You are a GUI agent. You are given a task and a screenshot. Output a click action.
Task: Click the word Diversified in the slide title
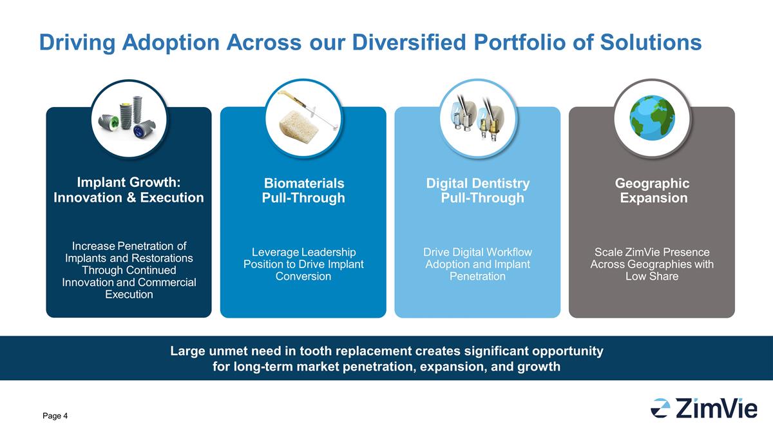[x=409, y=43]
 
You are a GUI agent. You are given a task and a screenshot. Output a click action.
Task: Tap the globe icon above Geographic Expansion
[x=652, y=118]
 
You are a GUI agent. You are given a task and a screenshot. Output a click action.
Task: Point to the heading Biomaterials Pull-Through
[x=303, y=191]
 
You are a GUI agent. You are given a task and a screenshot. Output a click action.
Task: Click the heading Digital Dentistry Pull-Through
[x=478, y=191]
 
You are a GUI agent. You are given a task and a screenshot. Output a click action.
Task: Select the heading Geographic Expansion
[x=652, y=191]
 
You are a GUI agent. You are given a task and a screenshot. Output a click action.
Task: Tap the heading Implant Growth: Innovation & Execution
[x=129, y=190]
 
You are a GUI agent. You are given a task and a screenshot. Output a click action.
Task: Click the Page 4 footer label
[x=55, y=416]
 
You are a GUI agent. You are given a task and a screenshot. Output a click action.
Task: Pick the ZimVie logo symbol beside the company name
[x=660, y=408]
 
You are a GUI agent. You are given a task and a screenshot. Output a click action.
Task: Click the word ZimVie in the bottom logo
[x=716, y=408]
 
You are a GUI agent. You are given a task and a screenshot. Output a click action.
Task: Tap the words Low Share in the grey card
[x=652, y=276]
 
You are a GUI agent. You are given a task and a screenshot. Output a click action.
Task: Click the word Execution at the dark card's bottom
[x=129, y=295]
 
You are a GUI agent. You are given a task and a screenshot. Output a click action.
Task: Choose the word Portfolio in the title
[x=520, y=43]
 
